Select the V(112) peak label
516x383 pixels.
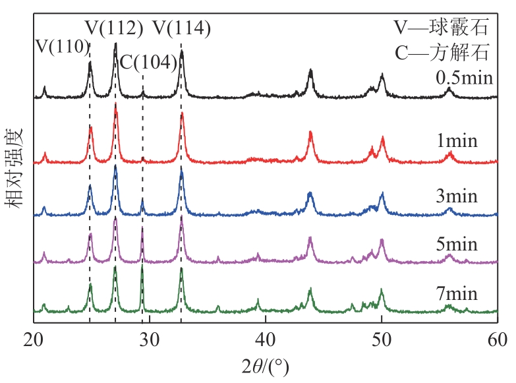[115, 28]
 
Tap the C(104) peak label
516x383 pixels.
[148, 63]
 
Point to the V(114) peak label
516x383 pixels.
[182, 28]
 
